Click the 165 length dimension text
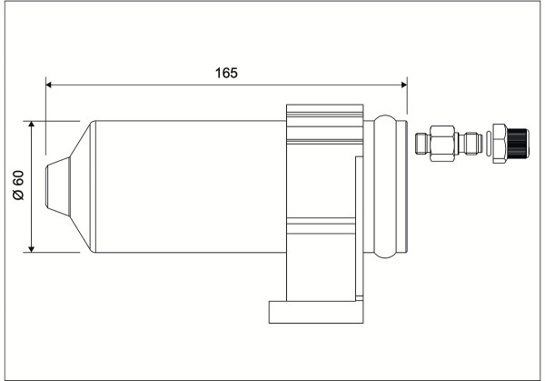(x=226, y=73)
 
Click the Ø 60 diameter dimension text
(x=18, y=185)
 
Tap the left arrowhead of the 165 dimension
(x=49, y=85)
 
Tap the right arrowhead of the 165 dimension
(x=404, y=85)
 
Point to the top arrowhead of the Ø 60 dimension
(x=31, y=125)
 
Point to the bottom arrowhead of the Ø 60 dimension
(x=31, y=249)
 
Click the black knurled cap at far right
(x=518, y=143)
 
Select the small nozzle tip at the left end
(x=58, y=186)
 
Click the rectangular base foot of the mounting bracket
(x=316, y=312)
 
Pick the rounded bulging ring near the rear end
(x=385, y=186)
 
